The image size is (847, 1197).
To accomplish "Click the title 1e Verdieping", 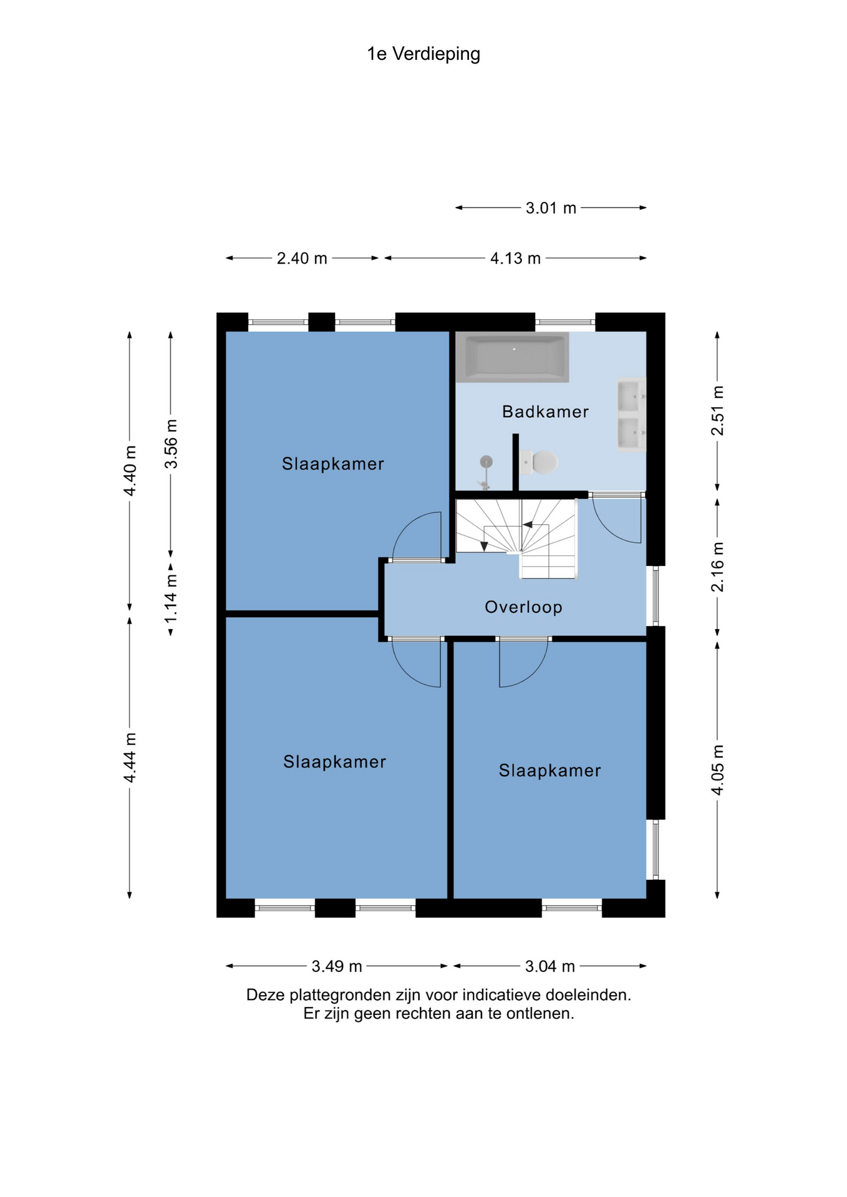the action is (x=423, y=54).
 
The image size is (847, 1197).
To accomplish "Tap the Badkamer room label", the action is (x=545, y=411).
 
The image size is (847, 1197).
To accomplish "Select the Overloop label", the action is (x=523, y=607).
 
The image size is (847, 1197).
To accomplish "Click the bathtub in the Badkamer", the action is (x=512, y=357).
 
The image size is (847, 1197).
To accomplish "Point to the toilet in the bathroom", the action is (x=538, y=463).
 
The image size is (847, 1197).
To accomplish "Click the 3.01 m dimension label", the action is (x=551, y=208).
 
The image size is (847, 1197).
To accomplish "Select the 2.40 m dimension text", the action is (x=302, y=258).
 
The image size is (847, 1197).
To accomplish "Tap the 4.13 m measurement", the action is (x=515, y=258).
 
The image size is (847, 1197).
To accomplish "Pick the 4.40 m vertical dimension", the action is (x=130, y=471).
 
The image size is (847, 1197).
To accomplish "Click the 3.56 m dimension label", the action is (x=171, y=444).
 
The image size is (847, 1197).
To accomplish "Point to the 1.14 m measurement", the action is (x=171, y=598).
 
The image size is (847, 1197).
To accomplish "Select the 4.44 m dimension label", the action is (x=130, y=757).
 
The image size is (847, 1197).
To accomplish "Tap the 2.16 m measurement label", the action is (x=718, y=567).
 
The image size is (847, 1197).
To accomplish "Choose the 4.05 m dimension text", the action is (x=718, y=770).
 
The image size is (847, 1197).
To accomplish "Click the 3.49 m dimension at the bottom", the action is (x=337, y=966).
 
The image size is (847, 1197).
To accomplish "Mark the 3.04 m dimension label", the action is (x=549, y=966).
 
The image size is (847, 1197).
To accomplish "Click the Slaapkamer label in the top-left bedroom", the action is (x=332, y=464).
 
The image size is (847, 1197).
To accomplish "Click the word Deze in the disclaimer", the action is (x=265, y=995).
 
